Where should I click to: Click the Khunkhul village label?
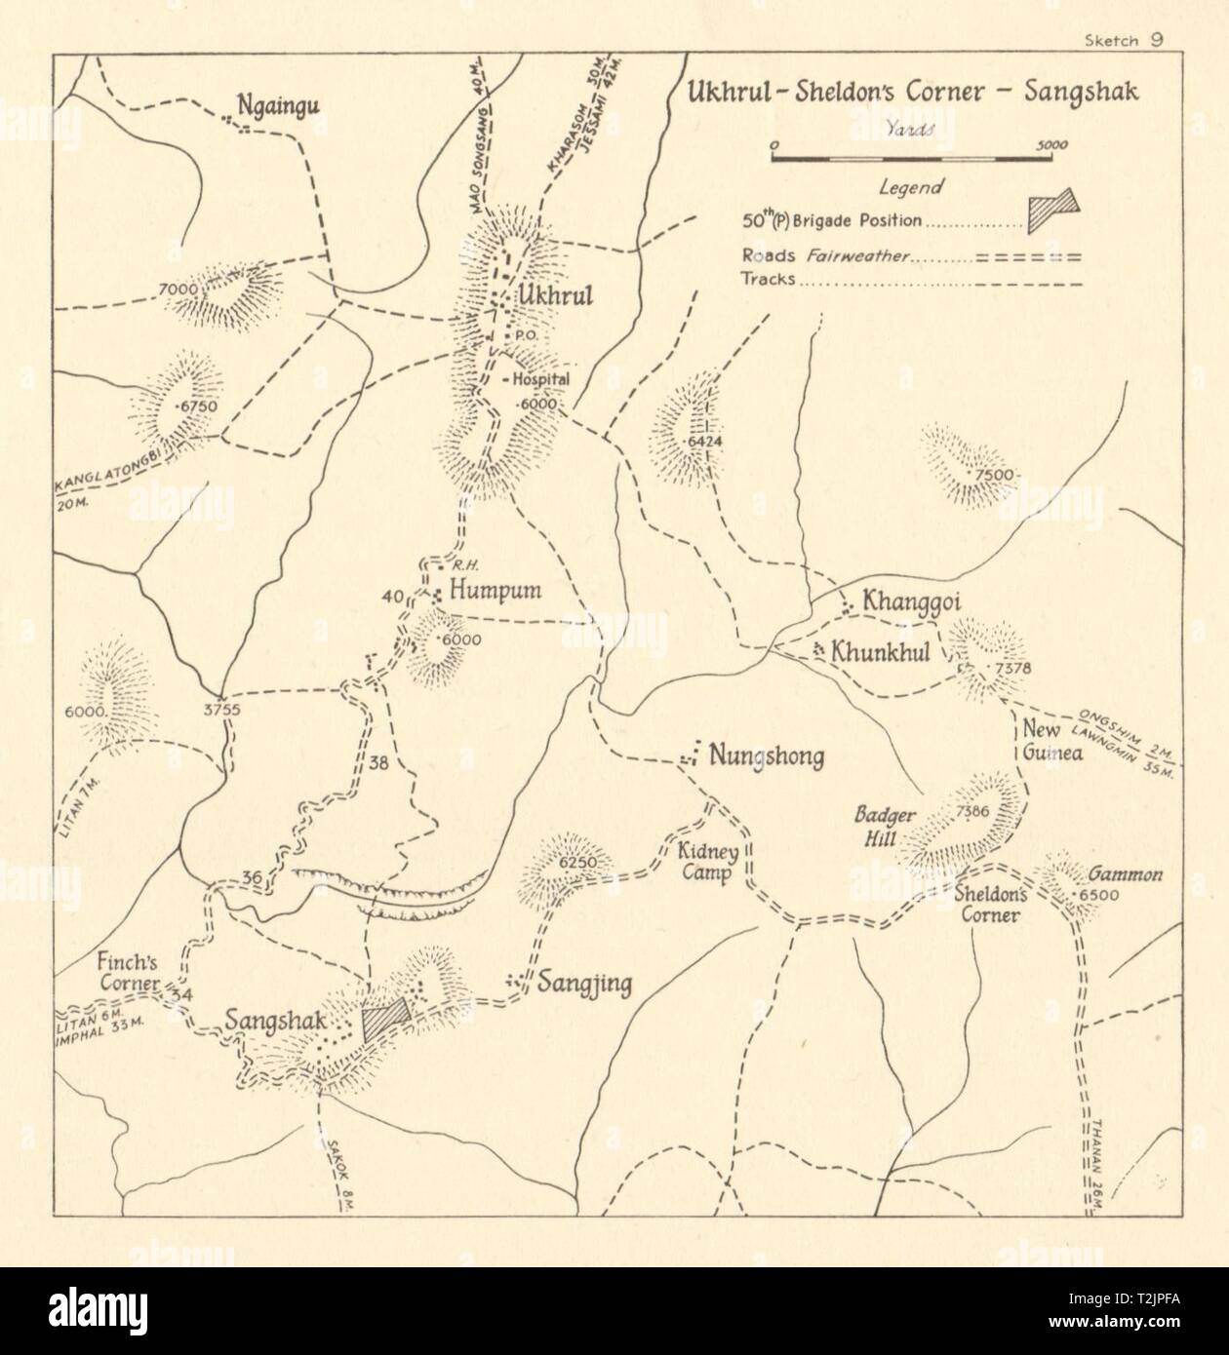click(880, 651)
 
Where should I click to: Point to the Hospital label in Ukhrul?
click(535, 380)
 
